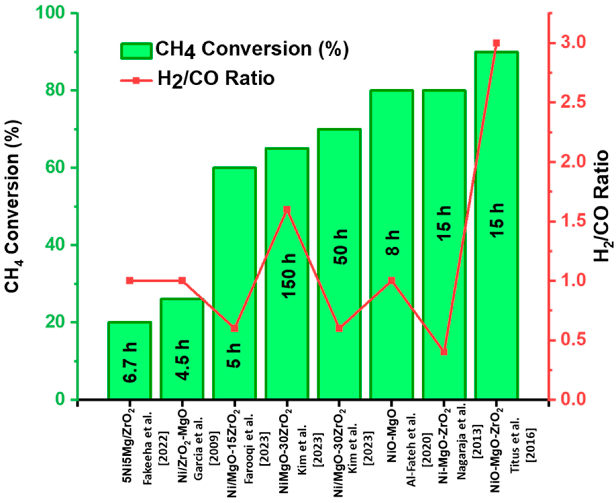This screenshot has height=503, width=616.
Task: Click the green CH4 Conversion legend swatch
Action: coord(136,51)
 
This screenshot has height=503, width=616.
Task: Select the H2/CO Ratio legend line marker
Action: coord(136,80)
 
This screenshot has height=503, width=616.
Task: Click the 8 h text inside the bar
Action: coord(392,243)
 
